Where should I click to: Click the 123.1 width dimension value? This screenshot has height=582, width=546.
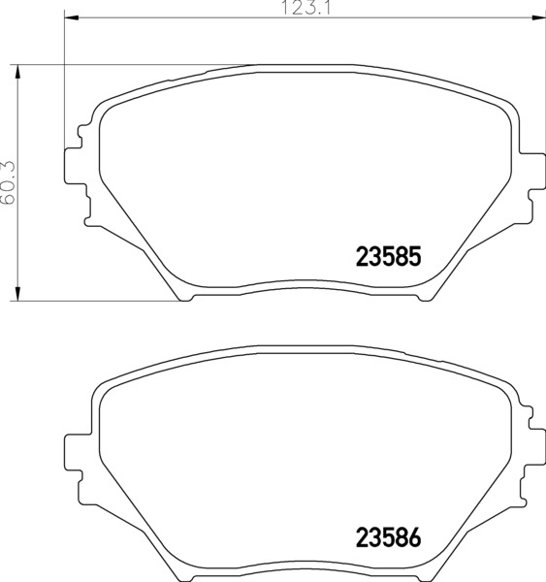306,8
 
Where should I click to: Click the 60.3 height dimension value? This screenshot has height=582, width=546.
8,182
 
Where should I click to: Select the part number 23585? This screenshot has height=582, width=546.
389,256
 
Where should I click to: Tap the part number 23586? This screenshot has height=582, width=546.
389,537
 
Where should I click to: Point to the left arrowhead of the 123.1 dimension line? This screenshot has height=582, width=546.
72,17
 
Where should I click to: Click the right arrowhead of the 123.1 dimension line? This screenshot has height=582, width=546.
538,17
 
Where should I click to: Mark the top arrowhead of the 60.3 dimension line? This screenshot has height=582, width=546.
17,72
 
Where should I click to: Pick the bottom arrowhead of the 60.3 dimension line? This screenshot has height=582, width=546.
17,293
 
